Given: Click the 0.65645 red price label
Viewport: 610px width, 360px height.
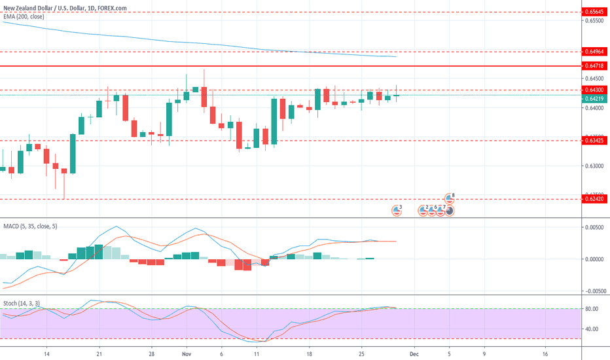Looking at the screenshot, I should point(594,12).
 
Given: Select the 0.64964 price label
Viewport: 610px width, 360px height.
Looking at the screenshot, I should point(594,51).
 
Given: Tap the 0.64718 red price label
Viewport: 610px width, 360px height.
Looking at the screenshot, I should point(594,66).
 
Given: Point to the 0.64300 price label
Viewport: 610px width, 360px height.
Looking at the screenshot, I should point(594,90).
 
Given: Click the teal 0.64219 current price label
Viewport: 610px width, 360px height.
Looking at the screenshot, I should point(594,98).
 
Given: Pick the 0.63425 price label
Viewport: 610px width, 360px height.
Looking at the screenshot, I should point(594,140).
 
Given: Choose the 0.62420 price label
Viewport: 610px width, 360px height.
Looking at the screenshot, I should point(594,199).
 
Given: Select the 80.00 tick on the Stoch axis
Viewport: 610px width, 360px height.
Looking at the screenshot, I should point(593,309).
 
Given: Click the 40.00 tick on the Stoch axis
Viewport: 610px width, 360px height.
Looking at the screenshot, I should point(593,329).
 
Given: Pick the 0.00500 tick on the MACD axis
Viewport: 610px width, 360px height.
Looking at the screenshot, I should point(594,227).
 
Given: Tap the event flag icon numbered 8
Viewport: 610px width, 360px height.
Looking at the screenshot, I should point(450,197).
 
